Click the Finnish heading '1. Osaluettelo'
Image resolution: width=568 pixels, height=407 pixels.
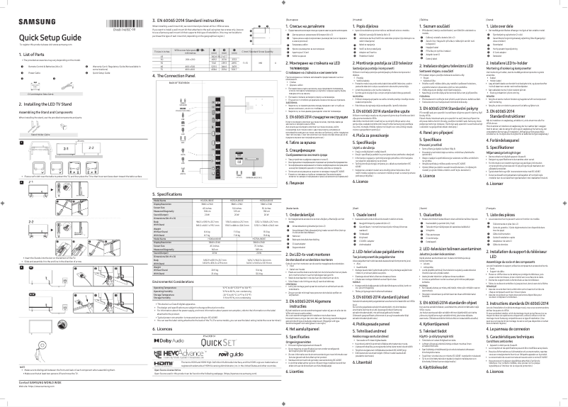(458, 213)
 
